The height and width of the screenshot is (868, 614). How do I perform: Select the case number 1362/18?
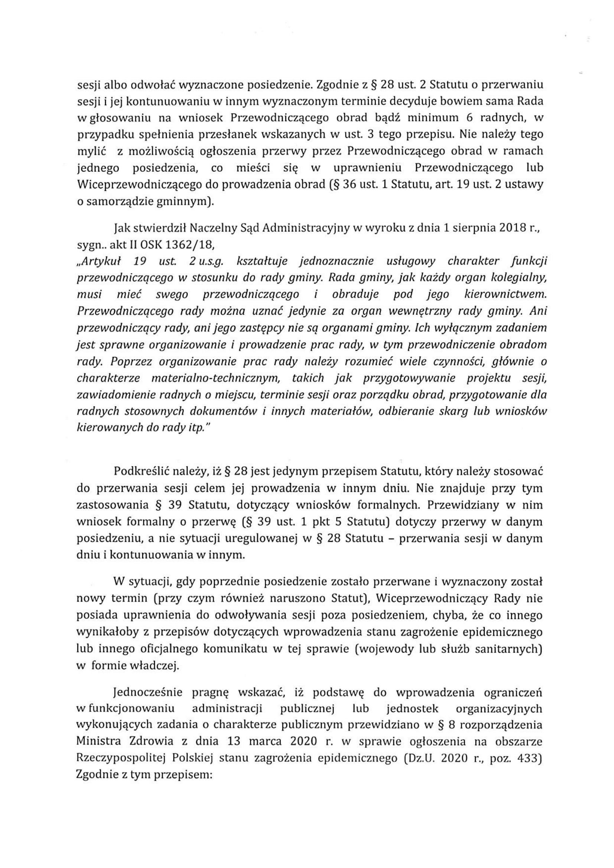point(191,246)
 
